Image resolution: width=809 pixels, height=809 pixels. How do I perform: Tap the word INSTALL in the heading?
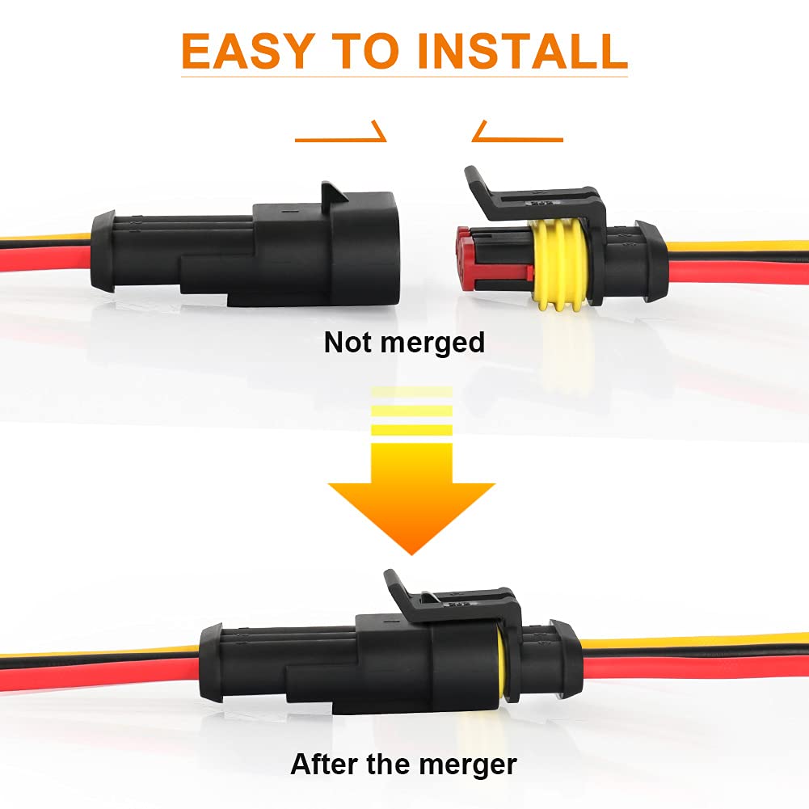[521, 51]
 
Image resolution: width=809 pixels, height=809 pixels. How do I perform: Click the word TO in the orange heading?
[365, 51]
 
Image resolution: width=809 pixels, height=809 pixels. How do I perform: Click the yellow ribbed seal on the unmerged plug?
[560, 265]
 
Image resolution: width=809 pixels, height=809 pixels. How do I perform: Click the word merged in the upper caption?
[432, 343]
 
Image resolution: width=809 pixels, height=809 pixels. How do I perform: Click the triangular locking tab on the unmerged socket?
[334, 192]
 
